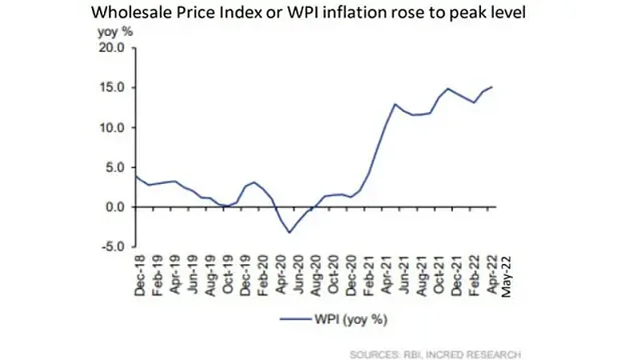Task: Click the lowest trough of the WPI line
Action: tap(290, 233)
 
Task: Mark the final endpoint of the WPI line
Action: tap(492, 86)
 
